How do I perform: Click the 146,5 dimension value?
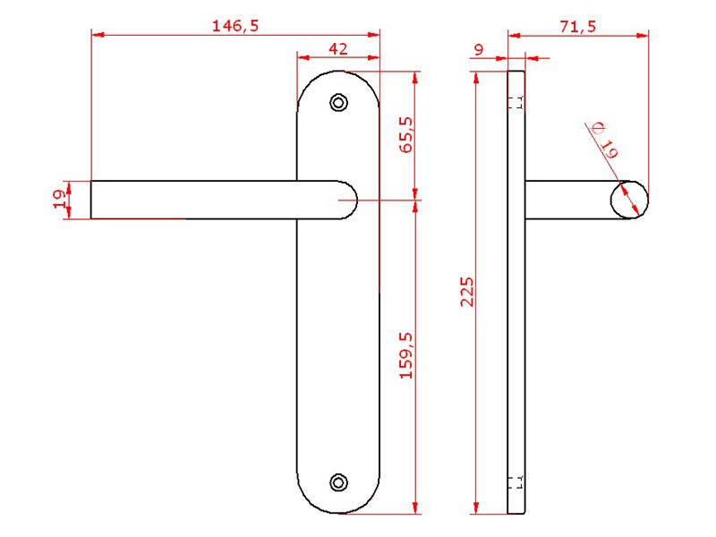(235, 26)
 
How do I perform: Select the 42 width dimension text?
(338, 49)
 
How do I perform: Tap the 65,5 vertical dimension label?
(406, 135)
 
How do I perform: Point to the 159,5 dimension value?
(406, 355)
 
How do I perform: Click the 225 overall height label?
(467, 292)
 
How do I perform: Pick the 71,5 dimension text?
(578, 27)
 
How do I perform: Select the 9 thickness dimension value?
(479, 49)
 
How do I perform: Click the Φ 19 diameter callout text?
(604, 141)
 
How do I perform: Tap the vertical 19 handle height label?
(60, 200)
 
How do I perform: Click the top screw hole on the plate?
(338, 103)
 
